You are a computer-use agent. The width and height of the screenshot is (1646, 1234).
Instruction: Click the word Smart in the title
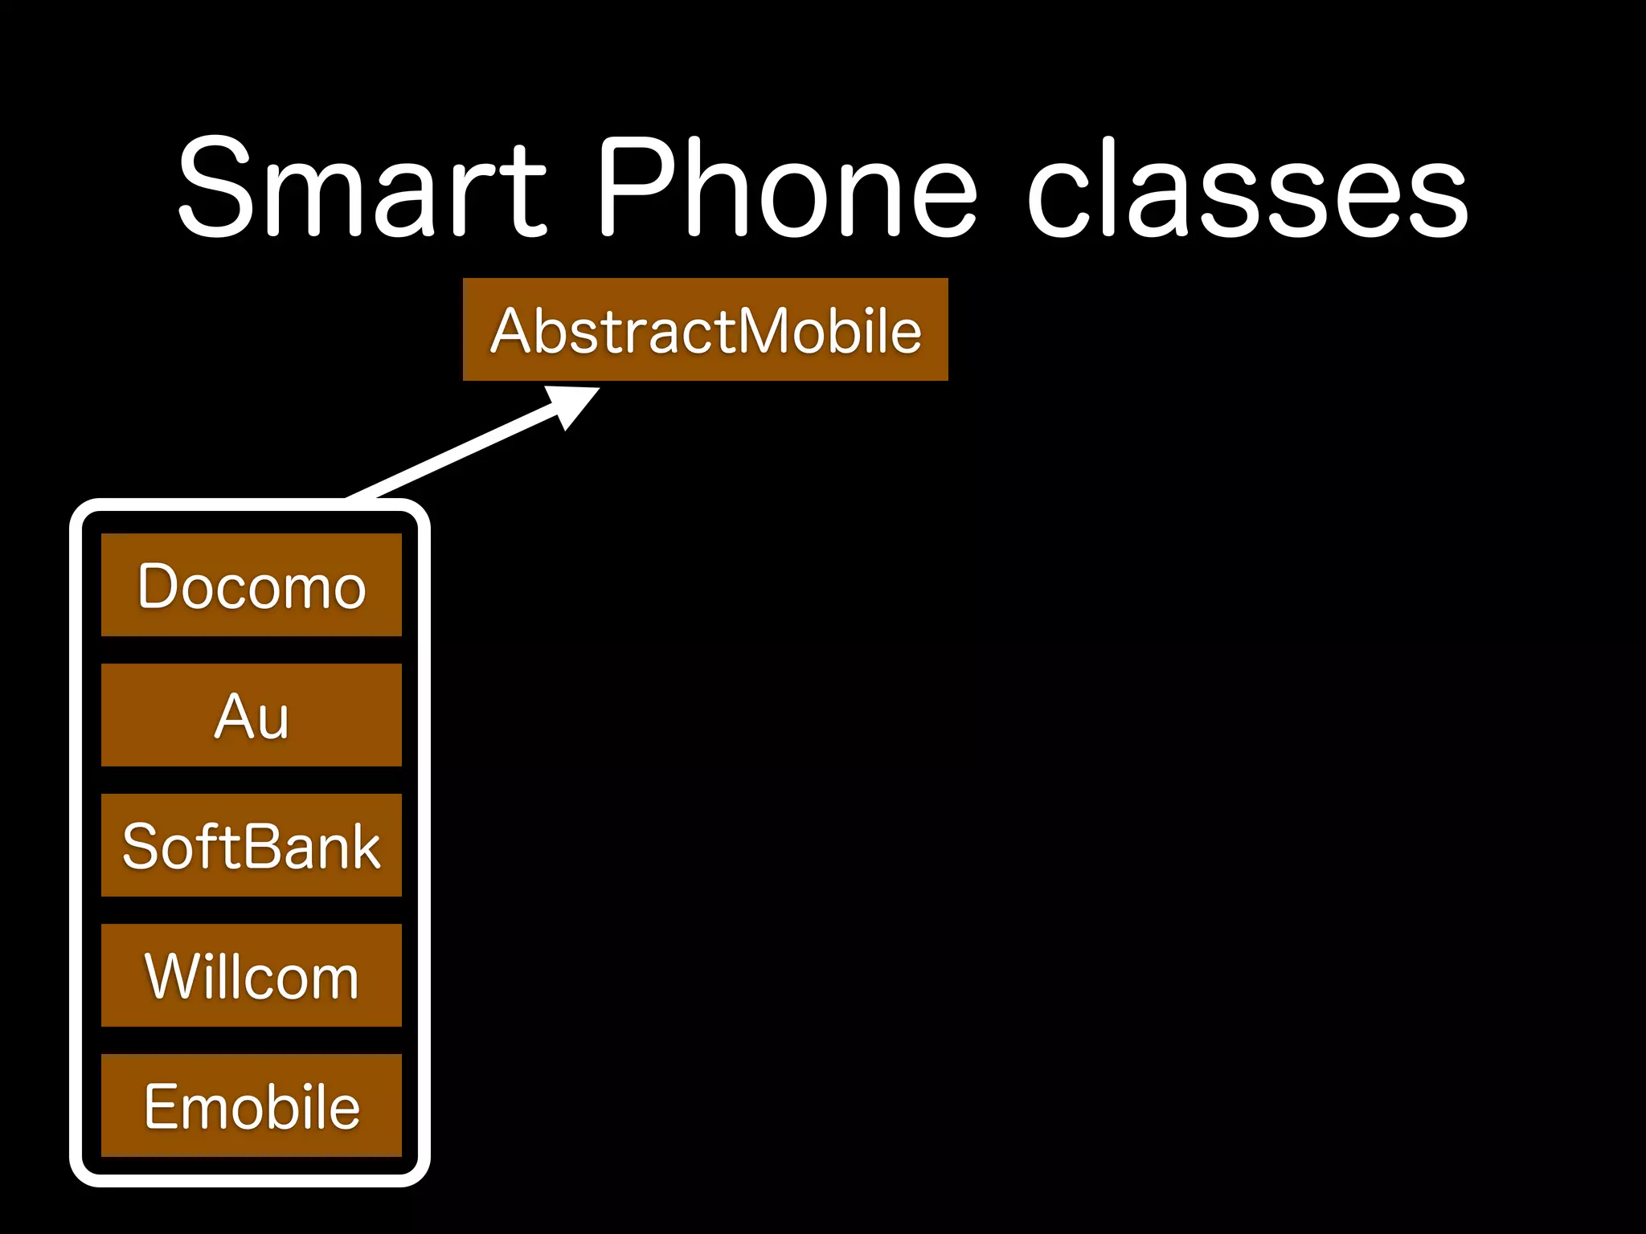click(x=362, y=189)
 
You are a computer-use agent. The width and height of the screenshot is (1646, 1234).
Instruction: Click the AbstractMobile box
click(x=705, y=329)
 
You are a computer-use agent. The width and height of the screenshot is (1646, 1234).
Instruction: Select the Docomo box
click(x=251, y=585)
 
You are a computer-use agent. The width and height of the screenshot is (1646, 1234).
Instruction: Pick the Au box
click(x=251, y=715)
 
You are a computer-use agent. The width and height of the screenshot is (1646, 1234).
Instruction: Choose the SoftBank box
click(x=251, y=845)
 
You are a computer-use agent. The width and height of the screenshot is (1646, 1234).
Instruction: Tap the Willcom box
click(x=251, y=975)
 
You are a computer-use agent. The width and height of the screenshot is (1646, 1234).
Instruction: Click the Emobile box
click(x=251, y=1105)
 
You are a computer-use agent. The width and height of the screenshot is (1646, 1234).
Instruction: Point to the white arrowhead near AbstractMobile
click(x=571, y=404)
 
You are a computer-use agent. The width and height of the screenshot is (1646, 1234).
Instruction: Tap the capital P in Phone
click(x=635, y=189)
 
